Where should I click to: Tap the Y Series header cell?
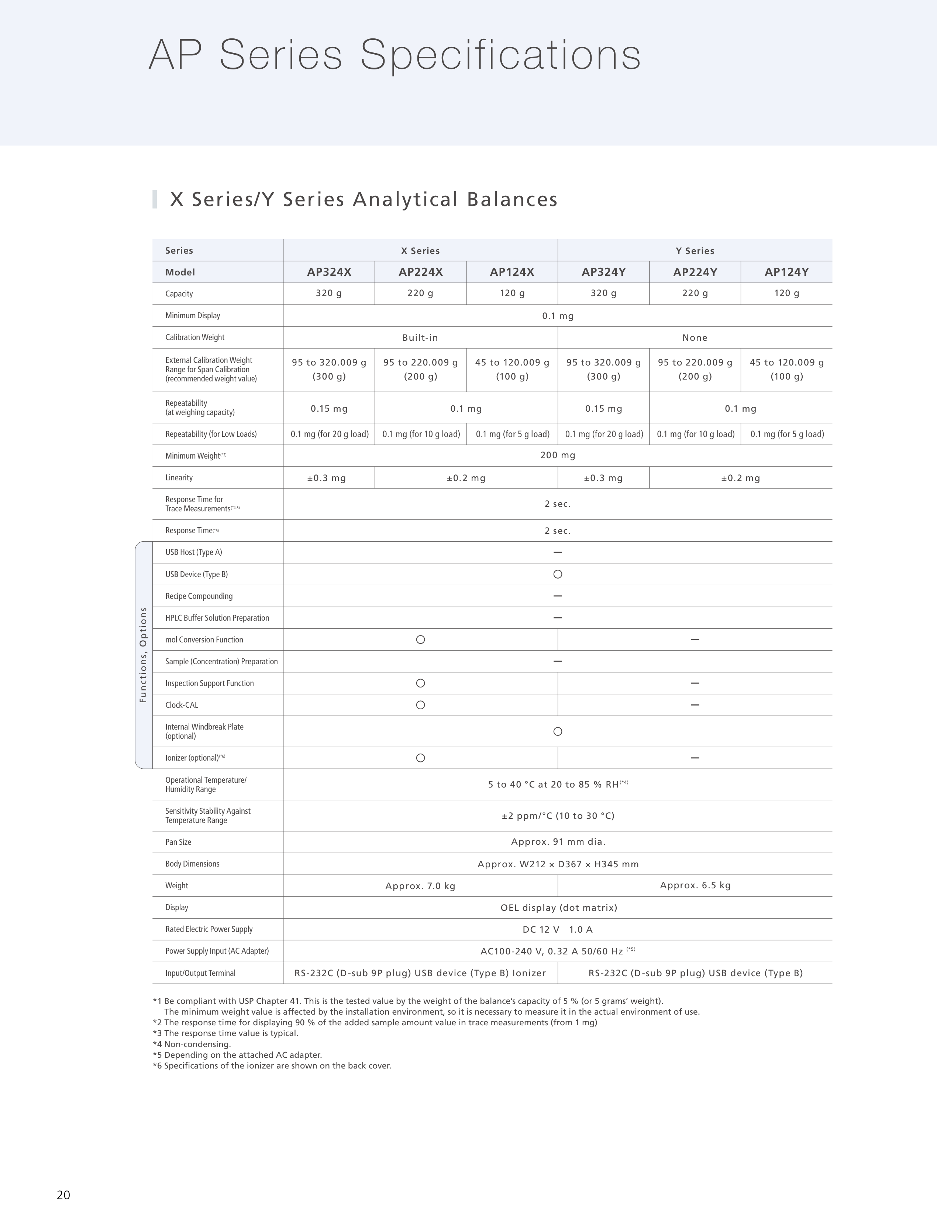click(x=695, y=251)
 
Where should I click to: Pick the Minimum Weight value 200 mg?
click(x=558, y=455)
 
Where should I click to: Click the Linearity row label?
click(x=179, y=478)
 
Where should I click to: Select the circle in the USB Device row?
click(x=558, y=574)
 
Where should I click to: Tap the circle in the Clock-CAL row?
click(x=421, y=705)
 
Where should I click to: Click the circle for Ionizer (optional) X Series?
click(x=421, y=758)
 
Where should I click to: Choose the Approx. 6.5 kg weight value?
click(x=695, y=886)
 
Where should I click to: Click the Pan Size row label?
click(x=178, y=842)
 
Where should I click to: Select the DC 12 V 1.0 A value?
click(x=558, y=930)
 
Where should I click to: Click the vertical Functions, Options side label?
click(x=143, y=655)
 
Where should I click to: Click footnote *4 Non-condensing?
click(x=192, y=1044)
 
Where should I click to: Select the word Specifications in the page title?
click(x=500, y=55)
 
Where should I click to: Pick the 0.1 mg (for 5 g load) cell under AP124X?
click(x=512, y=434)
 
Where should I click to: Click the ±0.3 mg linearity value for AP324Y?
click(x=603, y=478)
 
